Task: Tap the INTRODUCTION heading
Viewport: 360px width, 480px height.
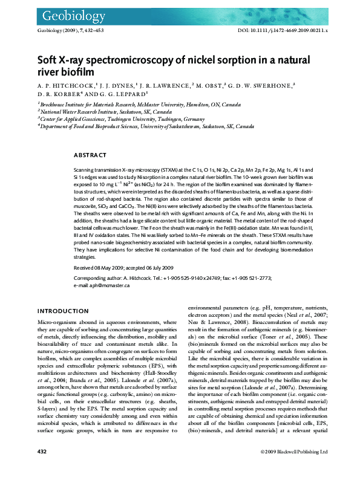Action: point(63,311)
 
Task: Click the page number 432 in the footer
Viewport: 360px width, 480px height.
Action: point(42,469)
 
